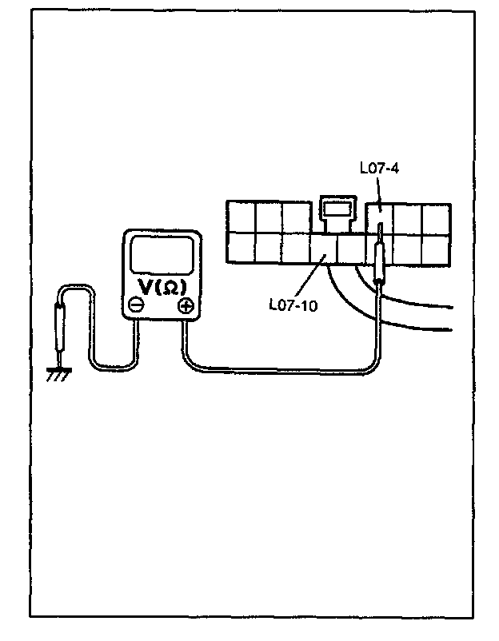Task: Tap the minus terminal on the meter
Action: click(x=137, y=305)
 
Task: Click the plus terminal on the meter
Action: click(x=186, y=305)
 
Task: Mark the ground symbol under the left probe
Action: click(x=58, y=372)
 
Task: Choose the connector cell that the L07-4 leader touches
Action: click(x=379, y=217)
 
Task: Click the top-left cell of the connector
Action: click(x=240, y=216)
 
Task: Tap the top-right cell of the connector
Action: click(x=437, y=217)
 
